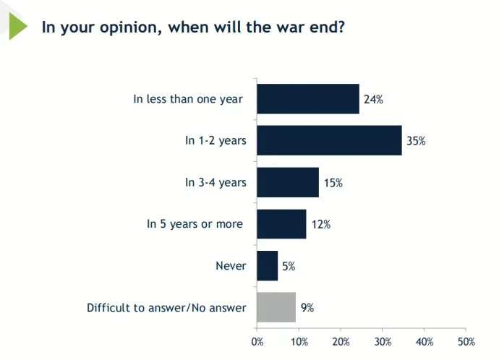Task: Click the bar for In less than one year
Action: pyautogui.click(x=307, y=99)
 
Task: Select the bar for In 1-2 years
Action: pyautogui.click(x=329, y=140)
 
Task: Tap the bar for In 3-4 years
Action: pyautogui.click(x=288, y=182)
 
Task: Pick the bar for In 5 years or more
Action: pyautogui.click(x=281, y=224)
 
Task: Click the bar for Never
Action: pyautogui.click(x=267, y=265)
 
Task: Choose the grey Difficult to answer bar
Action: pyautogui.click(x=276, y=307)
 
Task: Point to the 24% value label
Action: pyautogui.click(x=373, y=99)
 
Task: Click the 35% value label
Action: pyautogui.click(x=416, y=141)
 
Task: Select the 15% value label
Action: pyautogui.click(x=333, y=183)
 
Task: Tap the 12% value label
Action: pyautogui.click(x=321, y=224)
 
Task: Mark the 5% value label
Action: pyautogui.click(x=289, y=266)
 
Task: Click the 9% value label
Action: pyautogui.click(x=307, y=307)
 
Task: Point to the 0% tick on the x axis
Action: pyautogui.click(x=257, y=341)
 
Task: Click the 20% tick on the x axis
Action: pyautogui.click(x=341, y=341)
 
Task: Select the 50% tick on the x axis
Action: pyautogui.click(x=466, y=341)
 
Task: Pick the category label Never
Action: pyautogui.click(x=231, y=266)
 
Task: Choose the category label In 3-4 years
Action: pyautogui.click(x=216, y=183)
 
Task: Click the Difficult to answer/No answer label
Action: pyautogui.click(x=166, y=308)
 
